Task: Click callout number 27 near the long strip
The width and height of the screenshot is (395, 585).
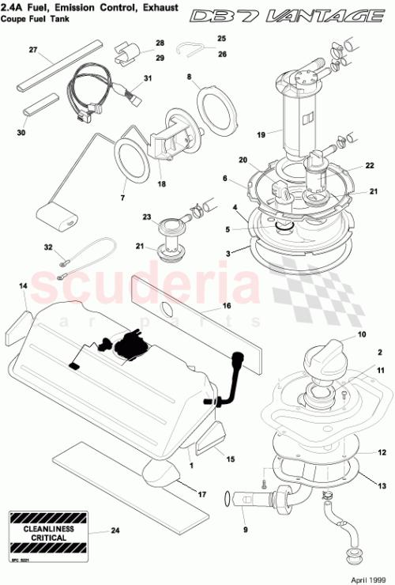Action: [33, 50]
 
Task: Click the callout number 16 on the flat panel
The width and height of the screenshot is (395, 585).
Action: [225, 304]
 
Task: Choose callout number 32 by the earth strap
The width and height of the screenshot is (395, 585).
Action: [48, 247]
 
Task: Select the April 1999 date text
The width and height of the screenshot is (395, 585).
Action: [368, 578]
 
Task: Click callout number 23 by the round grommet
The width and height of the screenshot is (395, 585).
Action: [145, 217]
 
